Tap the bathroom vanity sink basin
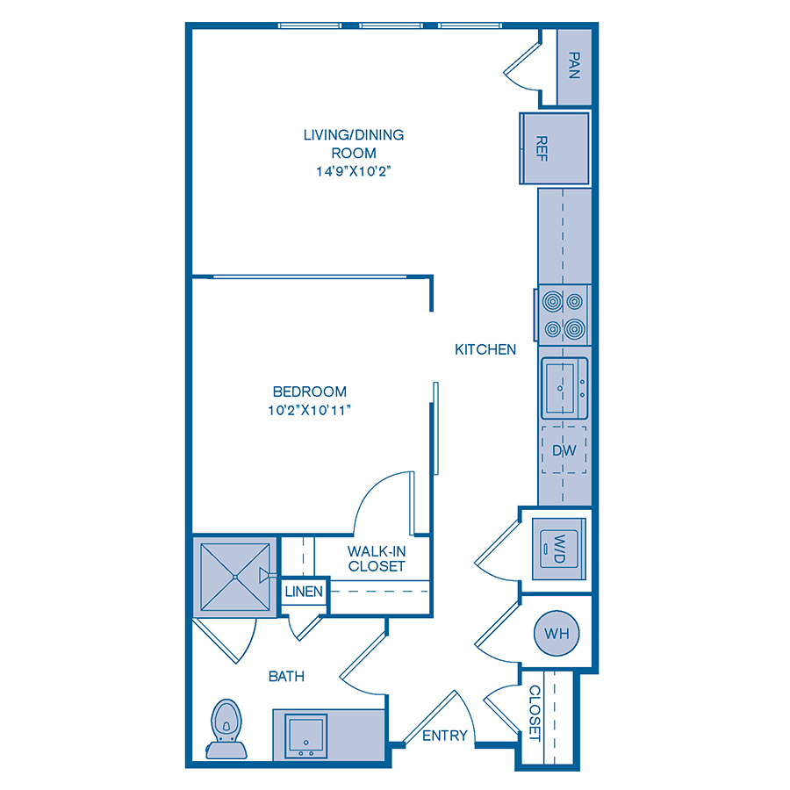point(305,736)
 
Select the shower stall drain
point(235,577)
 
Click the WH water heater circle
point(557,633)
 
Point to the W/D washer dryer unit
point(559,549)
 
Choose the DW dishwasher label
point(564,450)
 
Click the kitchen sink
point(564,388)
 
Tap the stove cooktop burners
point(564,315)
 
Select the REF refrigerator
point(554,148)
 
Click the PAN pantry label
point(574,66)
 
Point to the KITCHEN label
point(485,349)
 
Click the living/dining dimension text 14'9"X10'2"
point(353,171)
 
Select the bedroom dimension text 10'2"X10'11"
point(309,410)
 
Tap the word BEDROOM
point(309,391)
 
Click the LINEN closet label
point(304,592)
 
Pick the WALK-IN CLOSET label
point(377,559)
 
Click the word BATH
point(286,676)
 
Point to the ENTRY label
point(445,736)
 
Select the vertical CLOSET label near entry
point(535,713)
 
